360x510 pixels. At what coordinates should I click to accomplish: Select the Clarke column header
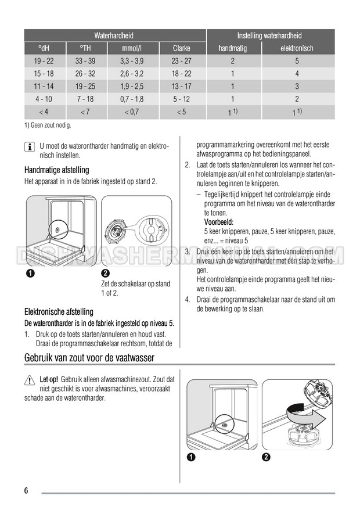click(x=182, y=48)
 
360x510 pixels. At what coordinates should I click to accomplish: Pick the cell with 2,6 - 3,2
click(x=133, y=74)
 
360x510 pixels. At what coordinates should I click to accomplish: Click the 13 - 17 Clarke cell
click(x=182, y=87)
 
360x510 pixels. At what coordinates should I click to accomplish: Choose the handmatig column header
click(x=232, y=48)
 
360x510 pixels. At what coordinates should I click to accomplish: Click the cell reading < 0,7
click(x=133, y=112)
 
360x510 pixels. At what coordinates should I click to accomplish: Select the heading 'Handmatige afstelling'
click(x=57, y=170)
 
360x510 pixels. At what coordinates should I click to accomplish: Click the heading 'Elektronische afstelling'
click(x=59, y=312)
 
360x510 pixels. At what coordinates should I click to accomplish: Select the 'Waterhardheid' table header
click(x=113, y=35)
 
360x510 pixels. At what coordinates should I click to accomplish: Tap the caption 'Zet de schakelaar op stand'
click(x=135, y=283)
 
